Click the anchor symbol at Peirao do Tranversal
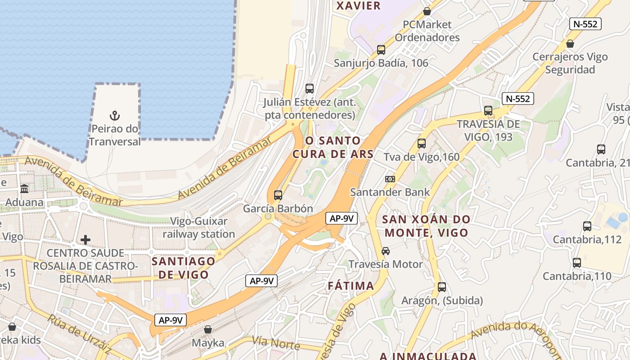tap(115, 116)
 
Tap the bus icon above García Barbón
tap(278, 195)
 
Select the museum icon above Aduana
tap(24, 189)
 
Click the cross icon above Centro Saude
tap(85, 240)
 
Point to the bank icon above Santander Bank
tap(390, 179)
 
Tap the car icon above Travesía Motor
tap(386, 251)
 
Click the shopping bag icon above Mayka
tap(207, 329)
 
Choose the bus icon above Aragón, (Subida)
tap(442, 287)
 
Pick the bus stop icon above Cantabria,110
tap(577, 263)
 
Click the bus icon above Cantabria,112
tap(587, 226)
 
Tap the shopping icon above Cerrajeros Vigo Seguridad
tap(570, 44)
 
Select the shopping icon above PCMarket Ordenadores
tap(427, 11)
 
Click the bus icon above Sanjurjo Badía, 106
tap(381, 50)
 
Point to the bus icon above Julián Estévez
tap(310, 89)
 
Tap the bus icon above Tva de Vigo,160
tap(422, 144)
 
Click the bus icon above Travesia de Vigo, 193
tap(488, 111)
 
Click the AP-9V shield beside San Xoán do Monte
tap(342, 219)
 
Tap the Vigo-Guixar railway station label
tap(199, 228)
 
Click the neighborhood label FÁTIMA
tap(351, 286)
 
